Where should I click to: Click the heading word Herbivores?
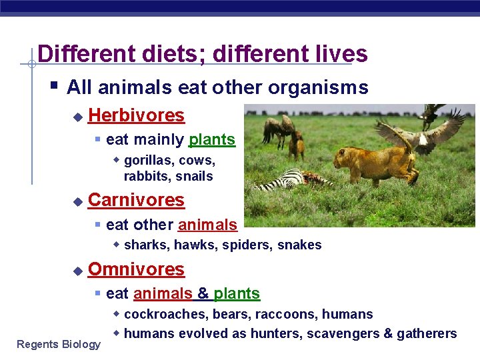(x=136, y=115)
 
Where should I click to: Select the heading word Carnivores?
(x=136, y=200)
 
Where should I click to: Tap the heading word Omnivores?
(x=136, y=269)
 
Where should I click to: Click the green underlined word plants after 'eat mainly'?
(x=212, y=139)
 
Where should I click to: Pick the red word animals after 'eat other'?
(x=207, y=225)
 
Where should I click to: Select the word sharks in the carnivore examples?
(x=146, y=245)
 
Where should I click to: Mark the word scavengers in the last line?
(x=343, y=333)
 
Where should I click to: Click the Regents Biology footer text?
(x=59, y=344)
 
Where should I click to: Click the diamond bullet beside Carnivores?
(x=77, y=201)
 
